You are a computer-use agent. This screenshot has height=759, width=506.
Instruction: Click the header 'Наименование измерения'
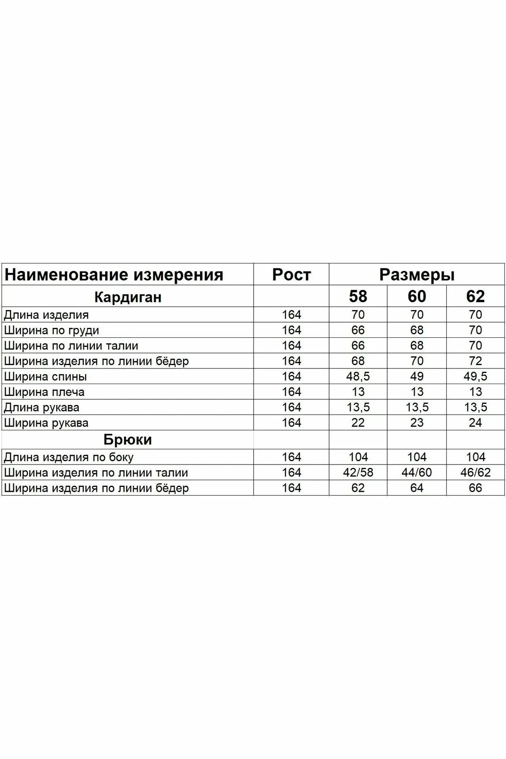pos(114,275)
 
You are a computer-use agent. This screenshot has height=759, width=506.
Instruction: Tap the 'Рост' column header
pos(291,275)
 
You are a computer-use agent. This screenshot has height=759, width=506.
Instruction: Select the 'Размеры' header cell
pos(417,275)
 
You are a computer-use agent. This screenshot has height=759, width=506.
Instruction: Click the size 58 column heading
pos(358,296)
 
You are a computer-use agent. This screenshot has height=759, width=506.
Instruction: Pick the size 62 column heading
pos(475,296)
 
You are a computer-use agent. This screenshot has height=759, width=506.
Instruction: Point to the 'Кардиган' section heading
pos(128,297)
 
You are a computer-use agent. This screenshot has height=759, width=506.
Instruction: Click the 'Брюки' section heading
pos(128,439)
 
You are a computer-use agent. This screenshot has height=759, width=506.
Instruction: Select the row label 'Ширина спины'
pos(46,376)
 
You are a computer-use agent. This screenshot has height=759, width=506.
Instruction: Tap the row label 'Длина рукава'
pos(42,407)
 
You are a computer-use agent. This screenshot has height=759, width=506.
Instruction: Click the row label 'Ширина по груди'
pos(52,330)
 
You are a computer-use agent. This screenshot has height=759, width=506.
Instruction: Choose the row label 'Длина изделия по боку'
pos(69,457)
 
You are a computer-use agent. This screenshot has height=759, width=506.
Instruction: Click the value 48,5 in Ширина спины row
pos(358,376)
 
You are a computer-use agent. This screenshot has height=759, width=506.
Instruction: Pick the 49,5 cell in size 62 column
pos(475,376)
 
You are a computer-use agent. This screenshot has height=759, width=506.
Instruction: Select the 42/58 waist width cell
pos(358,472)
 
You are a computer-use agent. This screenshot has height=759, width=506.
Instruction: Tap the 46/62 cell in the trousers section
pos(475,472)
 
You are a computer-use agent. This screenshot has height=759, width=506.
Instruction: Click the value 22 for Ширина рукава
pos(358,423)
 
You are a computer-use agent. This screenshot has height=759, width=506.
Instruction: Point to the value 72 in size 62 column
pos(475,361)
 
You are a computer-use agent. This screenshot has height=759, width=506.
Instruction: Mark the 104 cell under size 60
pos(417,457)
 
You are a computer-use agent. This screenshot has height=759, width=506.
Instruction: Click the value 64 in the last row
pos(417,488)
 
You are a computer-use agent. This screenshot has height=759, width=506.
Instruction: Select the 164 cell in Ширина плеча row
pos(291,392)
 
